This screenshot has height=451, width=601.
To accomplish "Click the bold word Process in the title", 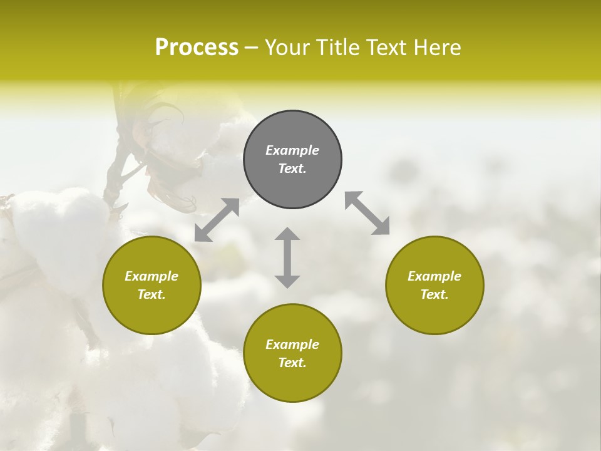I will coord(197,48).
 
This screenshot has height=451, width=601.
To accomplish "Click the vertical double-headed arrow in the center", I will coord(287,257).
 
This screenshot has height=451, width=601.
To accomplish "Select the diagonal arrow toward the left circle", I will coord(217,220).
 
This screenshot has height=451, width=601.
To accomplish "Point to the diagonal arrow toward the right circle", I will coord(367,213).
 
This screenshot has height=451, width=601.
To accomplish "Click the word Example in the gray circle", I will coord(292,150).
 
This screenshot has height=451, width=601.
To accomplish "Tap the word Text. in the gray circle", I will coord(292,168).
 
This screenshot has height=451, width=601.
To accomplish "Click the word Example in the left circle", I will coord(152,276).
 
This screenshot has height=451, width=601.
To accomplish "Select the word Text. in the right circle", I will coord(434,294).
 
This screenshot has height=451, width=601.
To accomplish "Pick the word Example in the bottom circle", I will coord(292,345).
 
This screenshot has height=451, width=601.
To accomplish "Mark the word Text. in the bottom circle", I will coord(292,363).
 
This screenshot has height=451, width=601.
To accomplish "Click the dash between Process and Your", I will coord(251,48).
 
